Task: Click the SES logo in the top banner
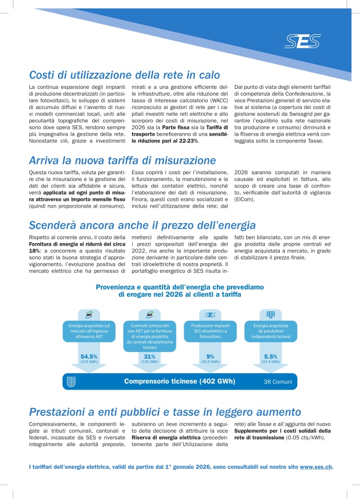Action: [303, 41]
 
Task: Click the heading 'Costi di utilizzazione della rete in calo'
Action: [124, 75]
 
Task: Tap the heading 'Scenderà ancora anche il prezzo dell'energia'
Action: [142, 225]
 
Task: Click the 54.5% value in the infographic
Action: [89, 356]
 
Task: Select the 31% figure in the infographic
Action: [150, 356]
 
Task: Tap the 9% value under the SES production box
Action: [210, 356]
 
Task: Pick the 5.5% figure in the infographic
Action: [271, 356]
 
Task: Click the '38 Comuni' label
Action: [278, 382]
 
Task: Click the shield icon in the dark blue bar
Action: [72, 382]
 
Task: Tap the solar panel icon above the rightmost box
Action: [271, 315]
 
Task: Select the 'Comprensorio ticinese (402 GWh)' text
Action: [179, 381]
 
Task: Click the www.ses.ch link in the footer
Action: [316, 467]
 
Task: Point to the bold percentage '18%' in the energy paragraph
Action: [34, 250]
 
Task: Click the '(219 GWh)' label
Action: [89, 362]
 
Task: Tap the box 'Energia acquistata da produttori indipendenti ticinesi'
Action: [271, 330]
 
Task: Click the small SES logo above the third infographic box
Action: [210, 315]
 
